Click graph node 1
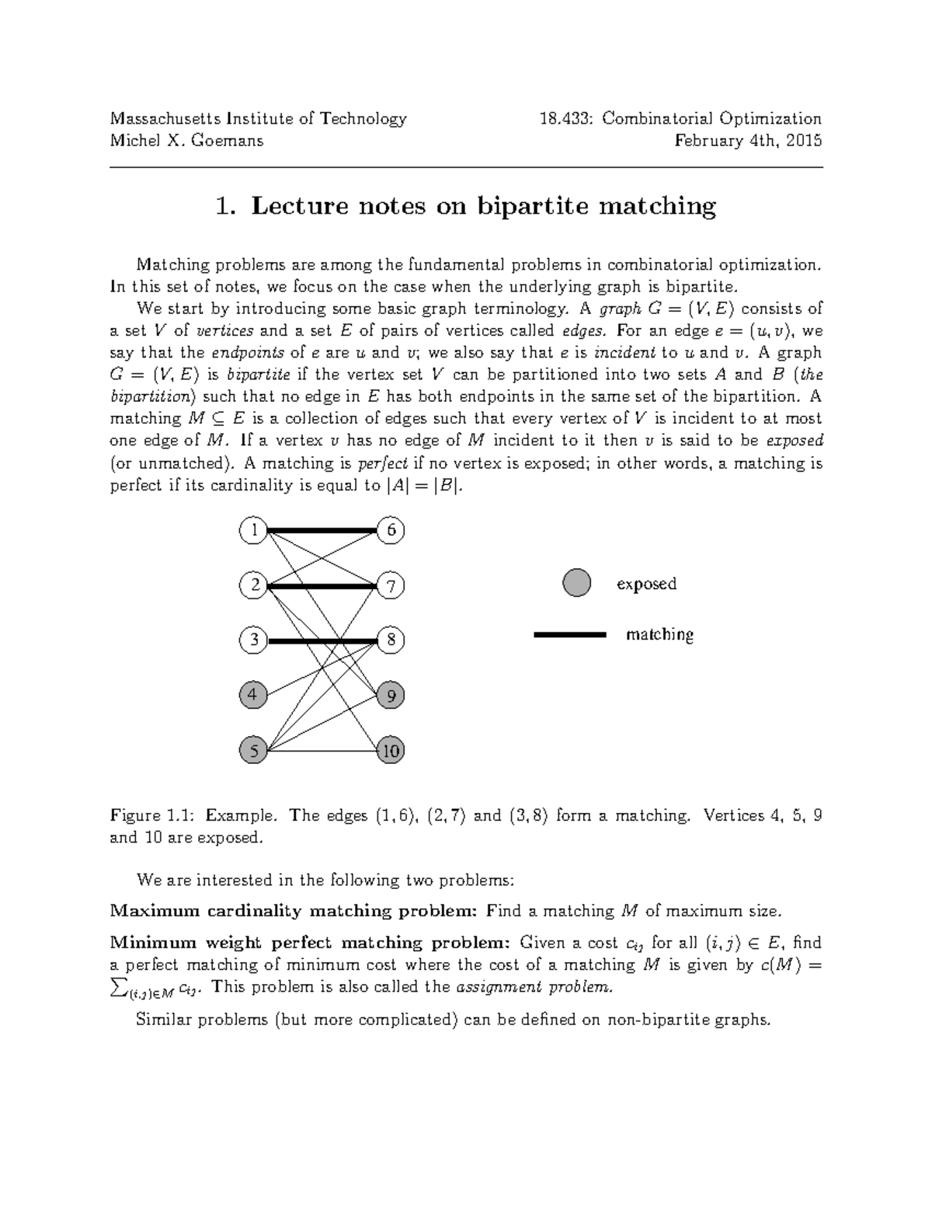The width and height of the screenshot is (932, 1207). click(x=253, y=531)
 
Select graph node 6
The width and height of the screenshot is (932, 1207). click(x=391, y=531)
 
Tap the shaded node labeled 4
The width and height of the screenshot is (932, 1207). click(x=253, y=694)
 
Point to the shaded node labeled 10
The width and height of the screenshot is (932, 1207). click(x=391, y=750)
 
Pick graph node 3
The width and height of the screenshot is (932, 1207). click(x=253, y=640)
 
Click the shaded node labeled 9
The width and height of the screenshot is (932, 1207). click(x=391, y=696)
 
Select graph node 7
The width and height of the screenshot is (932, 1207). click(x=391, y=585)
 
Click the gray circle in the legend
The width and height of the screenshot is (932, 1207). click(x=576, y=582)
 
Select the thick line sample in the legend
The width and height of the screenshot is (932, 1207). click(x=569, y=635)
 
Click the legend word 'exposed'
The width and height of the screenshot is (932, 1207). click(x=646, y=584)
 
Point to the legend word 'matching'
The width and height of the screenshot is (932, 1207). click(x=659, y=635)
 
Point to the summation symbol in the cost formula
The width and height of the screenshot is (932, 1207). click(x=119, y=987)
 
